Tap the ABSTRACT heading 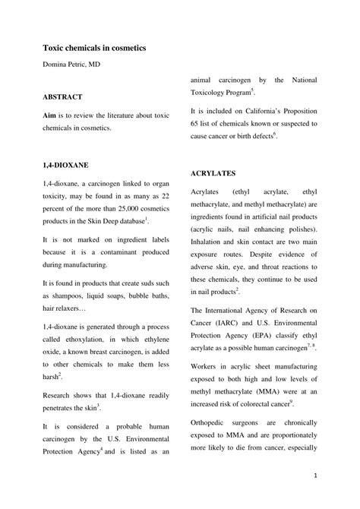click(62, 97)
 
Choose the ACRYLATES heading click(214, 173)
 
